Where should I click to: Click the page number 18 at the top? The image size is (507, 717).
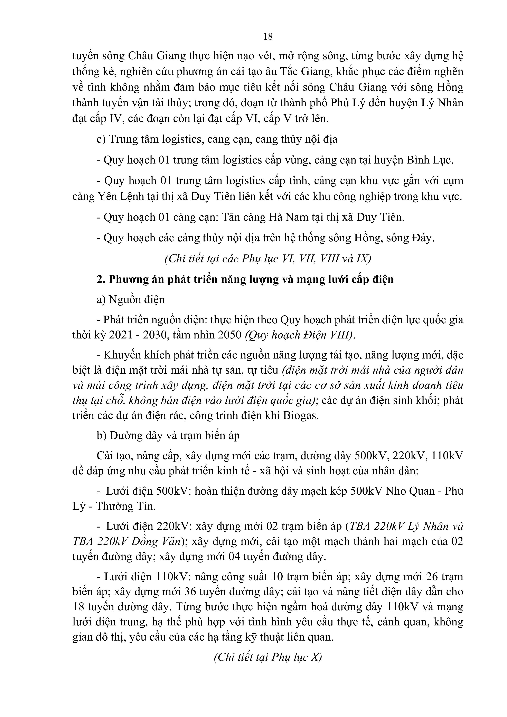268,37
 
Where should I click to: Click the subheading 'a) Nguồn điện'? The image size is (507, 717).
131,299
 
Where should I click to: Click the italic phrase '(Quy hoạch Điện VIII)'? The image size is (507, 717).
300,335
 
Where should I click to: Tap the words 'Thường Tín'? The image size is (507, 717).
125,506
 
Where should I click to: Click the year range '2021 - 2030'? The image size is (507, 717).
140,335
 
